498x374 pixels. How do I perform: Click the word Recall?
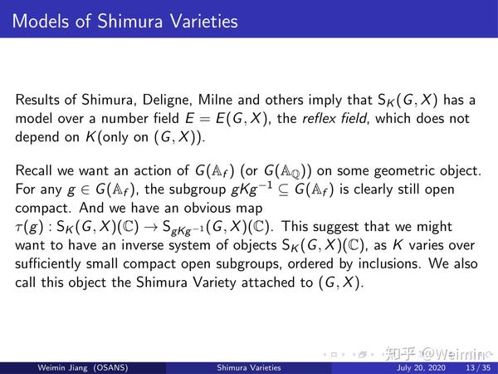[35, 171]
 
